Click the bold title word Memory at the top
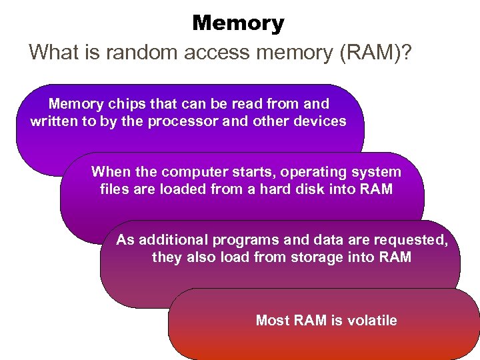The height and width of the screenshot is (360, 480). click(x=238, y=23)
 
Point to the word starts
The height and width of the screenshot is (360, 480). click(x=249, y=172)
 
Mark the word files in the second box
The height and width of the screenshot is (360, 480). click(x=115, y=189)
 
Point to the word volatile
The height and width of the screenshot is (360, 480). click(x=372, y=321)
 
